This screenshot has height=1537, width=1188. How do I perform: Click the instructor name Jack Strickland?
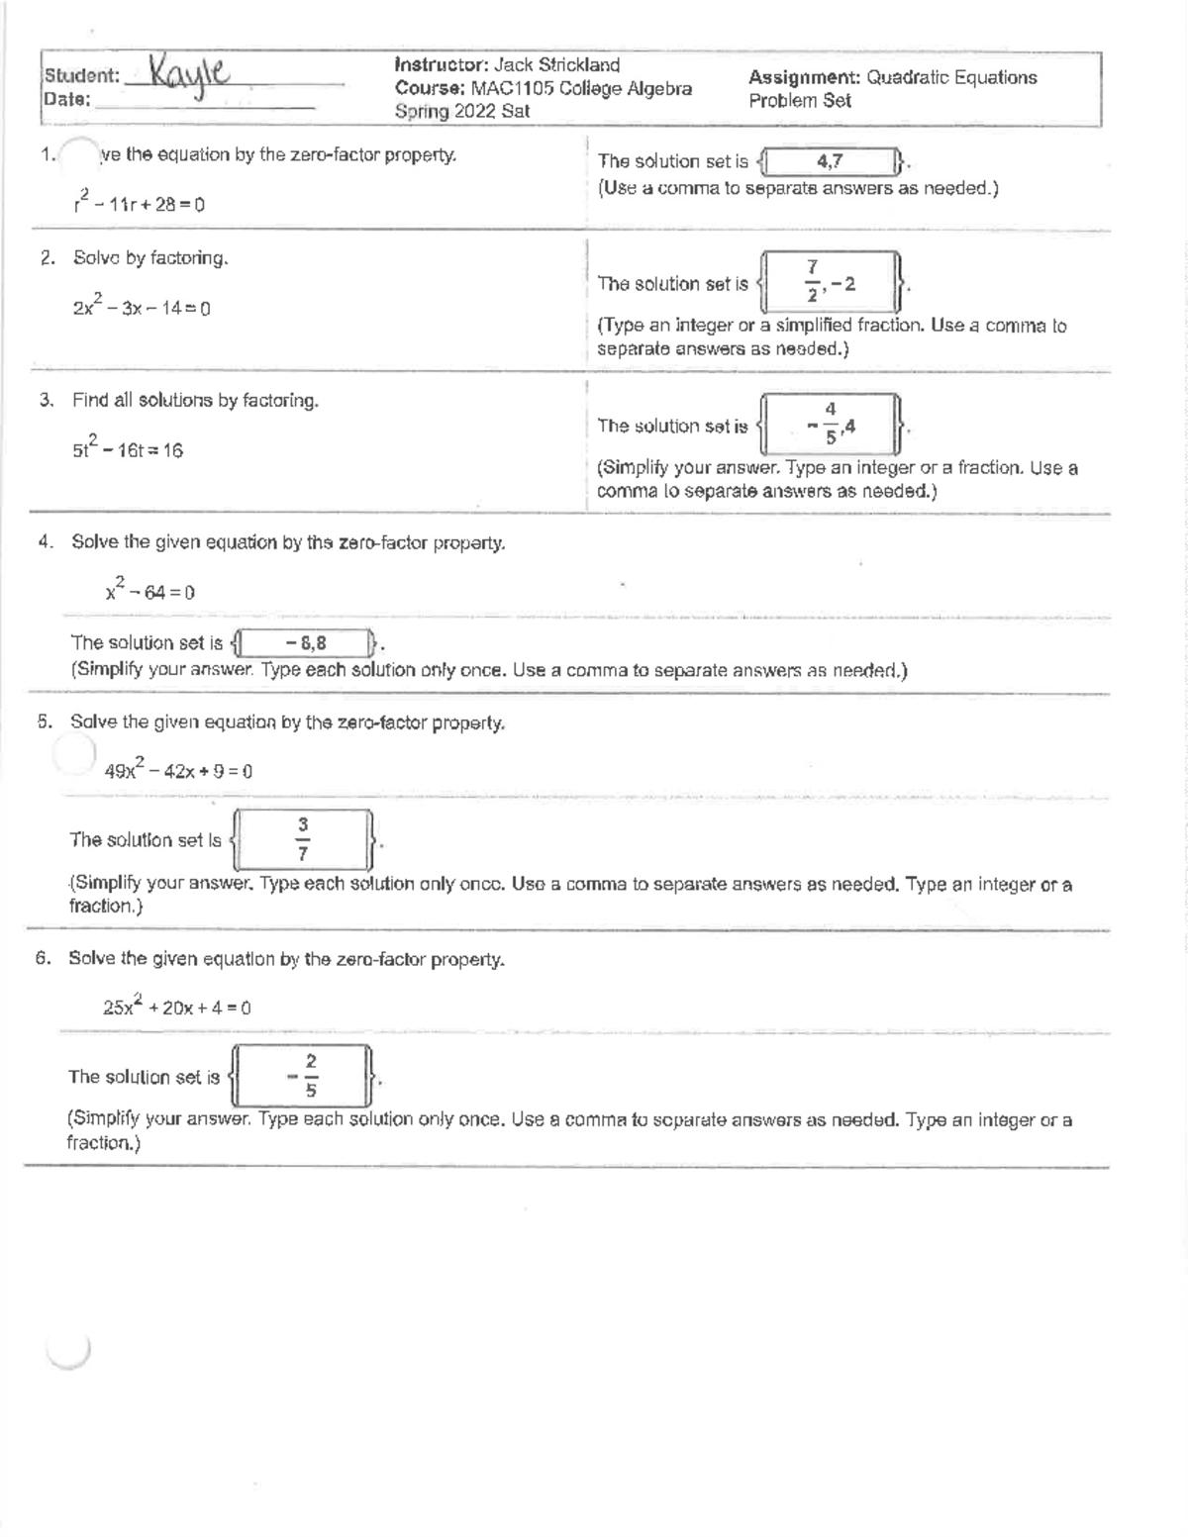click(x=556, y=65)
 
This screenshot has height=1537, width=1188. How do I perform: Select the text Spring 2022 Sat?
click(x=461, y=112)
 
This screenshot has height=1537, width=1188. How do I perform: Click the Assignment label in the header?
click(x=804, y=77)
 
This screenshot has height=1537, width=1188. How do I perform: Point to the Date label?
click(x=66, y=99)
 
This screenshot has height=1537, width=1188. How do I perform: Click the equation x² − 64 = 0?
click(x=149, y=591)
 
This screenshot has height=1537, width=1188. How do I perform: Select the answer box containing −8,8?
click(x=304, y=643)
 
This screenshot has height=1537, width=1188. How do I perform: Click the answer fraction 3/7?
click(x=303, y=839)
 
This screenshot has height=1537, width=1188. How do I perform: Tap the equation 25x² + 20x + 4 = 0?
click(x=176, y=1007)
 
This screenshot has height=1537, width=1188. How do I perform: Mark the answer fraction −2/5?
click(x=303, y=1077)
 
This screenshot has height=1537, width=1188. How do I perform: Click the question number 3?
click(x=46, y=401)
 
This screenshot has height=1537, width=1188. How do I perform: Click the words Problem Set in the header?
click(x=799, y=101)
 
